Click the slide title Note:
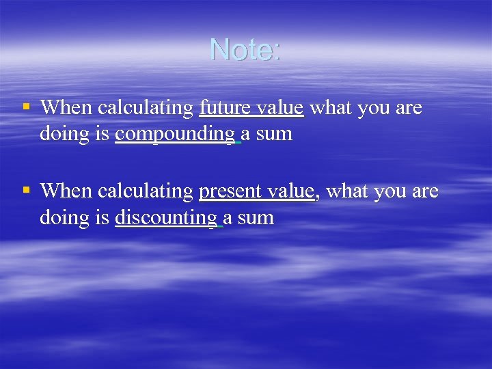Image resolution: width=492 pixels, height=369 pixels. point(245,50)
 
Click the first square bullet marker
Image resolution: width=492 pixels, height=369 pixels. point(26,107)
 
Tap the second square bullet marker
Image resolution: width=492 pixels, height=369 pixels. point(26,190)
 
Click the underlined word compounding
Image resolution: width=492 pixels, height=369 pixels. point(175,135)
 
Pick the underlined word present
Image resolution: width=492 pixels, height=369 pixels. point(225,191)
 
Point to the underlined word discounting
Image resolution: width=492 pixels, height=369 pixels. point(167,218)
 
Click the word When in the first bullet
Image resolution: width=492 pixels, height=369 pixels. point(67,108)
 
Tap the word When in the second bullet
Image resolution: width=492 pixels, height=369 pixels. point(67,191)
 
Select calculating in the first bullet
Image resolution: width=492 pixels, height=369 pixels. point(146,108)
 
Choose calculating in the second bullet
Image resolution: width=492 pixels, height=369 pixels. point(146,191)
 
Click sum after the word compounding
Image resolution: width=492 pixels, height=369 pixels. point(274,135)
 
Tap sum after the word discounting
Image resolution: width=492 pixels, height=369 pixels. point(256,218)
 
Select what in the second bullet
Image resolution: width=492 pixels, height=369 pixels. point(346,191)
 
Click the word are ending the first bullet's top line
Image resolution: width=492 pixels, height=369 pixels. point(409,108)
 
